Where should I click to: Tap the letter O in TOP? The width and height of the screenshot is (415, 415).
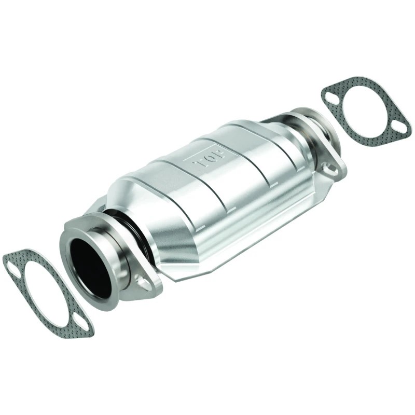coord(209,157)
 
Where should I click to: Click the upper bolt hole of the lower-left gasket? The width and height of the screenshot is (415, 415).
coord(12,267)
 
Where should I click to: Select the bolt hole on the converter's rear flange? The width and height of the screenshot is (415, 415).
coord(327,168)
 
